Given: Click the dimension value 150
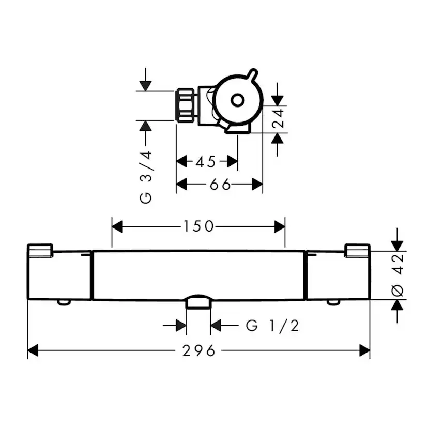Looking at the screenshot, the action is click(x=198, y=226).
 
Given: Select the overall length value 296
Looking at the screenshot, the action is click(x=198, y=351).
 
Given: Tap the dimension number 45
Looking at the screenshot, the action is click(x=206, y=162).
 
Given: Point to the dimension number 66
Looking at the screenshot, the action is click(x=220, y=185).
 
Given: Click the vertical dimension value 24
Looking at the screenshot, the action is click(x=279, y=118).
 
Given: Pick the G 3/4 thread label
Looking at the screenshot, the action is click(x=145, y=177).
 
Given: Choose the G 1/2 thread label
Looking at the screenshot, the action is click(x=272, y=326).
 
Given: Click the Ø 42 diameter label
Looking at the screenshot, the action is click(x=398, y=275).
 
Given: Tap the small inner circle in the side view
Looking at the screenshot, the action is click(x=237, y=100).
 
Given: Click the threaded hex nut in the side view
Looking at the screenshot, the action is click(x=186, y=105).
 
